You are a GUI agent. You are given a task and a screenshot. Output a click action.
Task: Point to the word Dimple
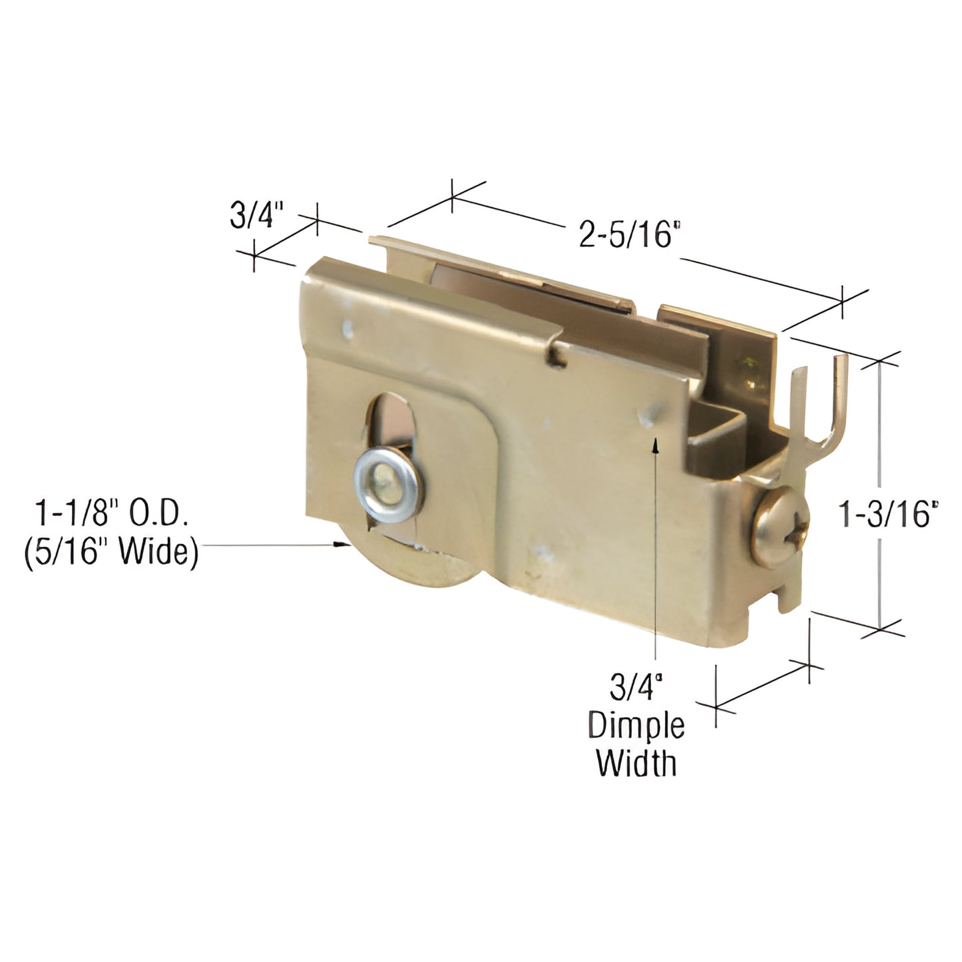point(636,726)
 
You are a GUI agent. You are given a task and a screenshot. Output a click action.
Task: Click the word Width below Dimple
point(636,763)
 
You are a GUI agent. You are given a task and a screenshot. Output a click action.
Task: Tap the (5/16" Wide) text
point(111,553)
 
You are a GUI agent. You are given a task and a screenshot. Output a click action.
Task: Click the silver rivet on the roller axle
point(382,475)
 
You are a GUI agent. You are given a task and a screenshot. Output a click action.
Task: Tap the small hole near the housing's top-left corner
point(346,327)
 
